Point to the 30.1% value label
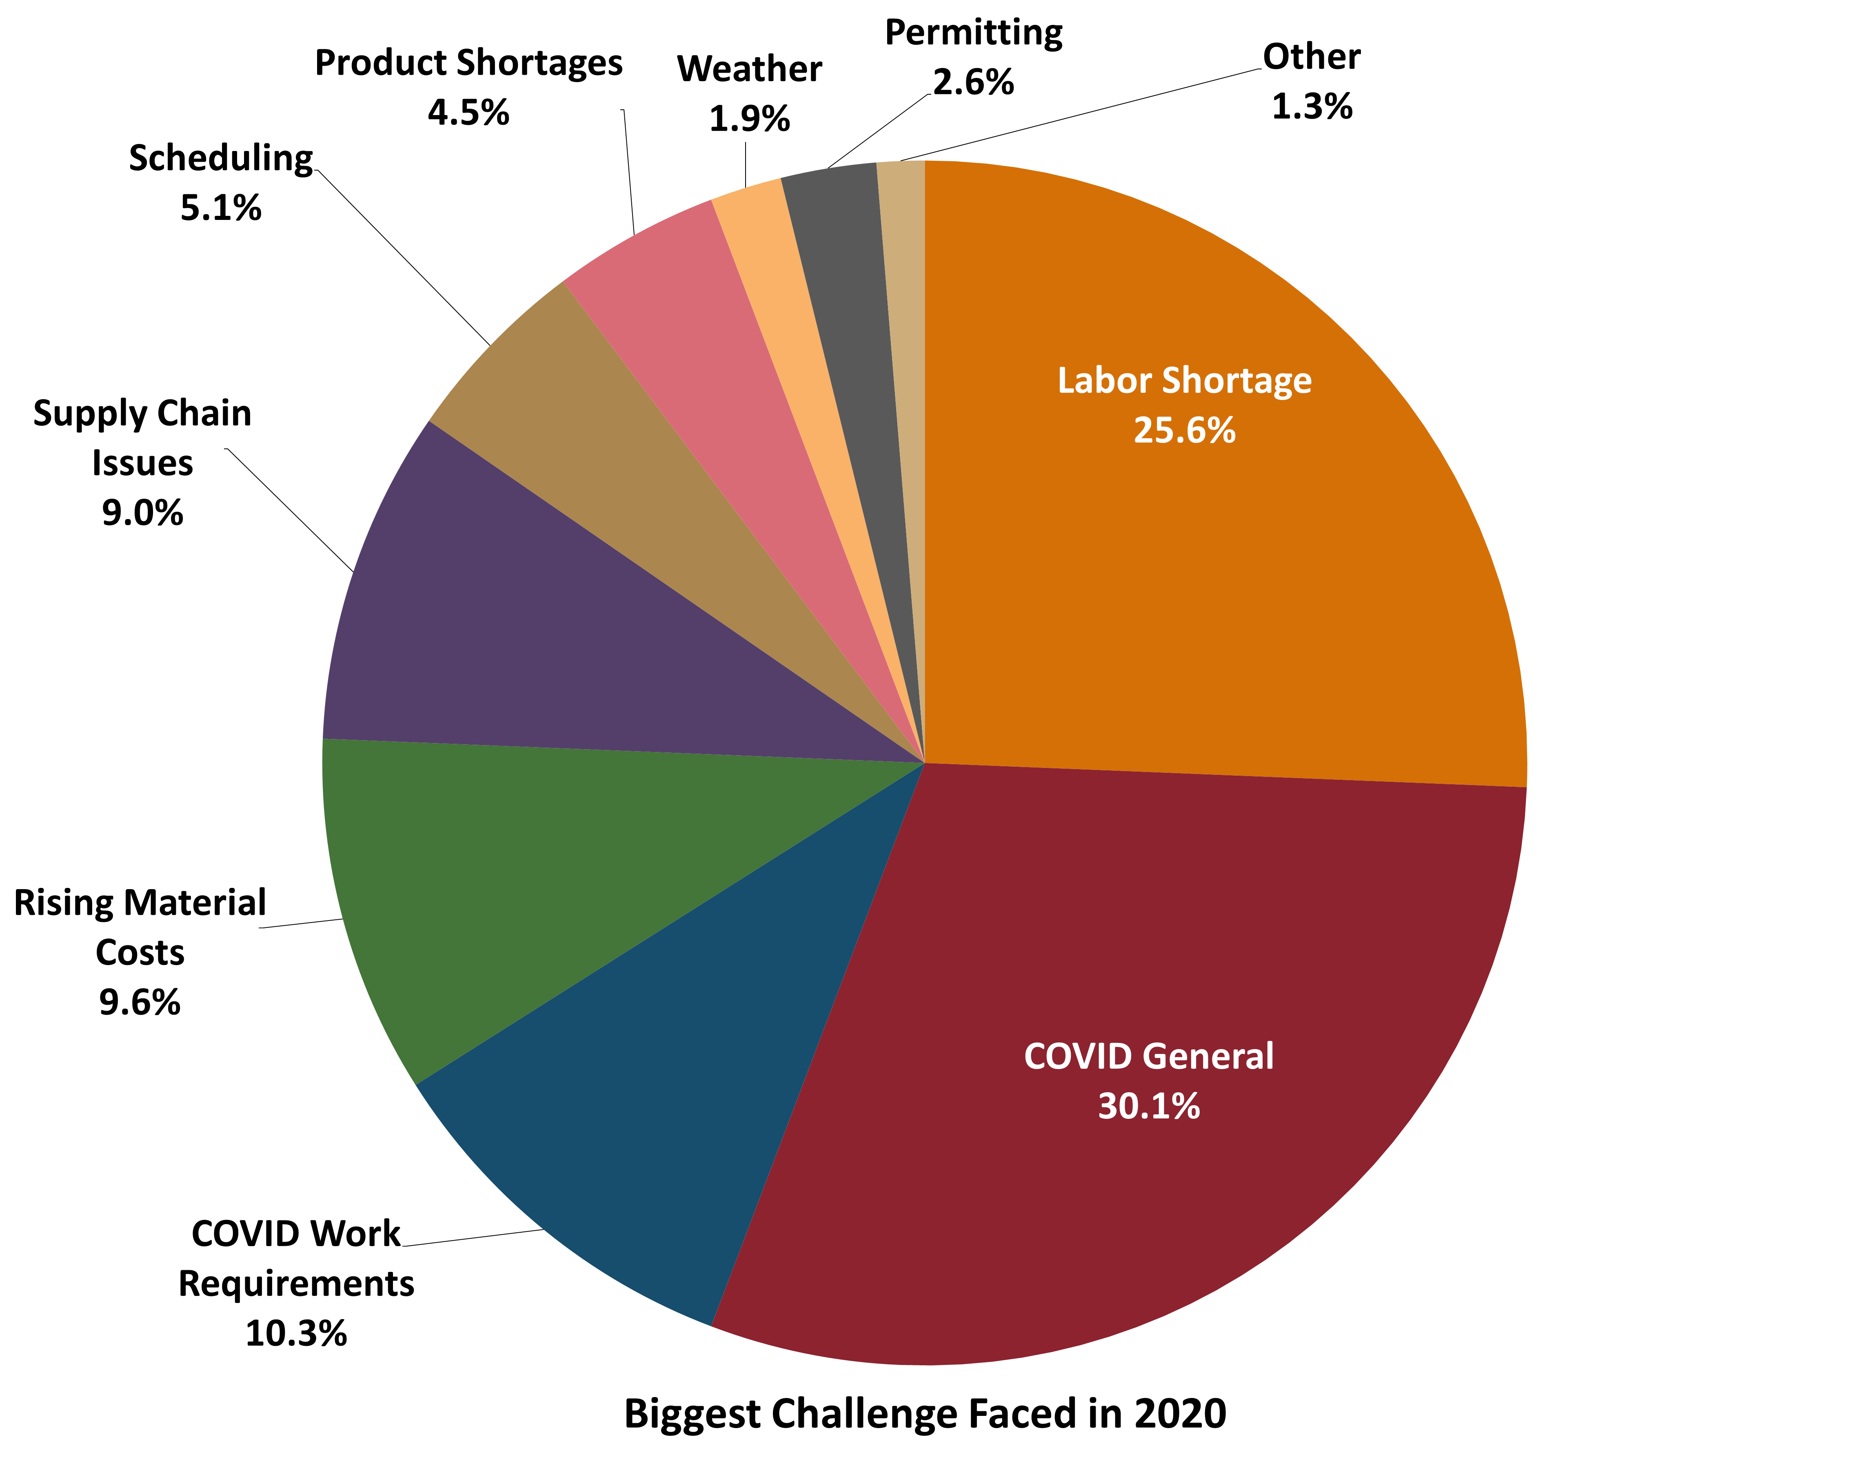tap(1149, 1106)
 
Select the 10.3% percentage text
tap(296, 1333)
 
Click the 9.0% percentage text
tap(142, 513)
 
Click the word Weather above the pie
tap(749, 69)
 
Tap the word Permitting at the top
tap(973, 33)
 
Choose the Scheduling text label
tap(221, 158)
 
